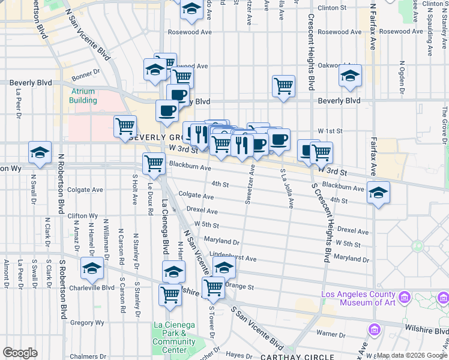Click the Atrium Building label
click(83, 95)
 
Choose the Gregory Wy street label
click(88, 323)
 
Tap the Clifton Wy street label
click(83, 215)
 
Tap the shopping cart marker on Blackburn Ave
click(154, 163)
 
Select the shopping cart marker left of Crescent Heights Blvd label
click(283, 85)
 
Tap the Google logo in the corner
click(20, 353)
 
